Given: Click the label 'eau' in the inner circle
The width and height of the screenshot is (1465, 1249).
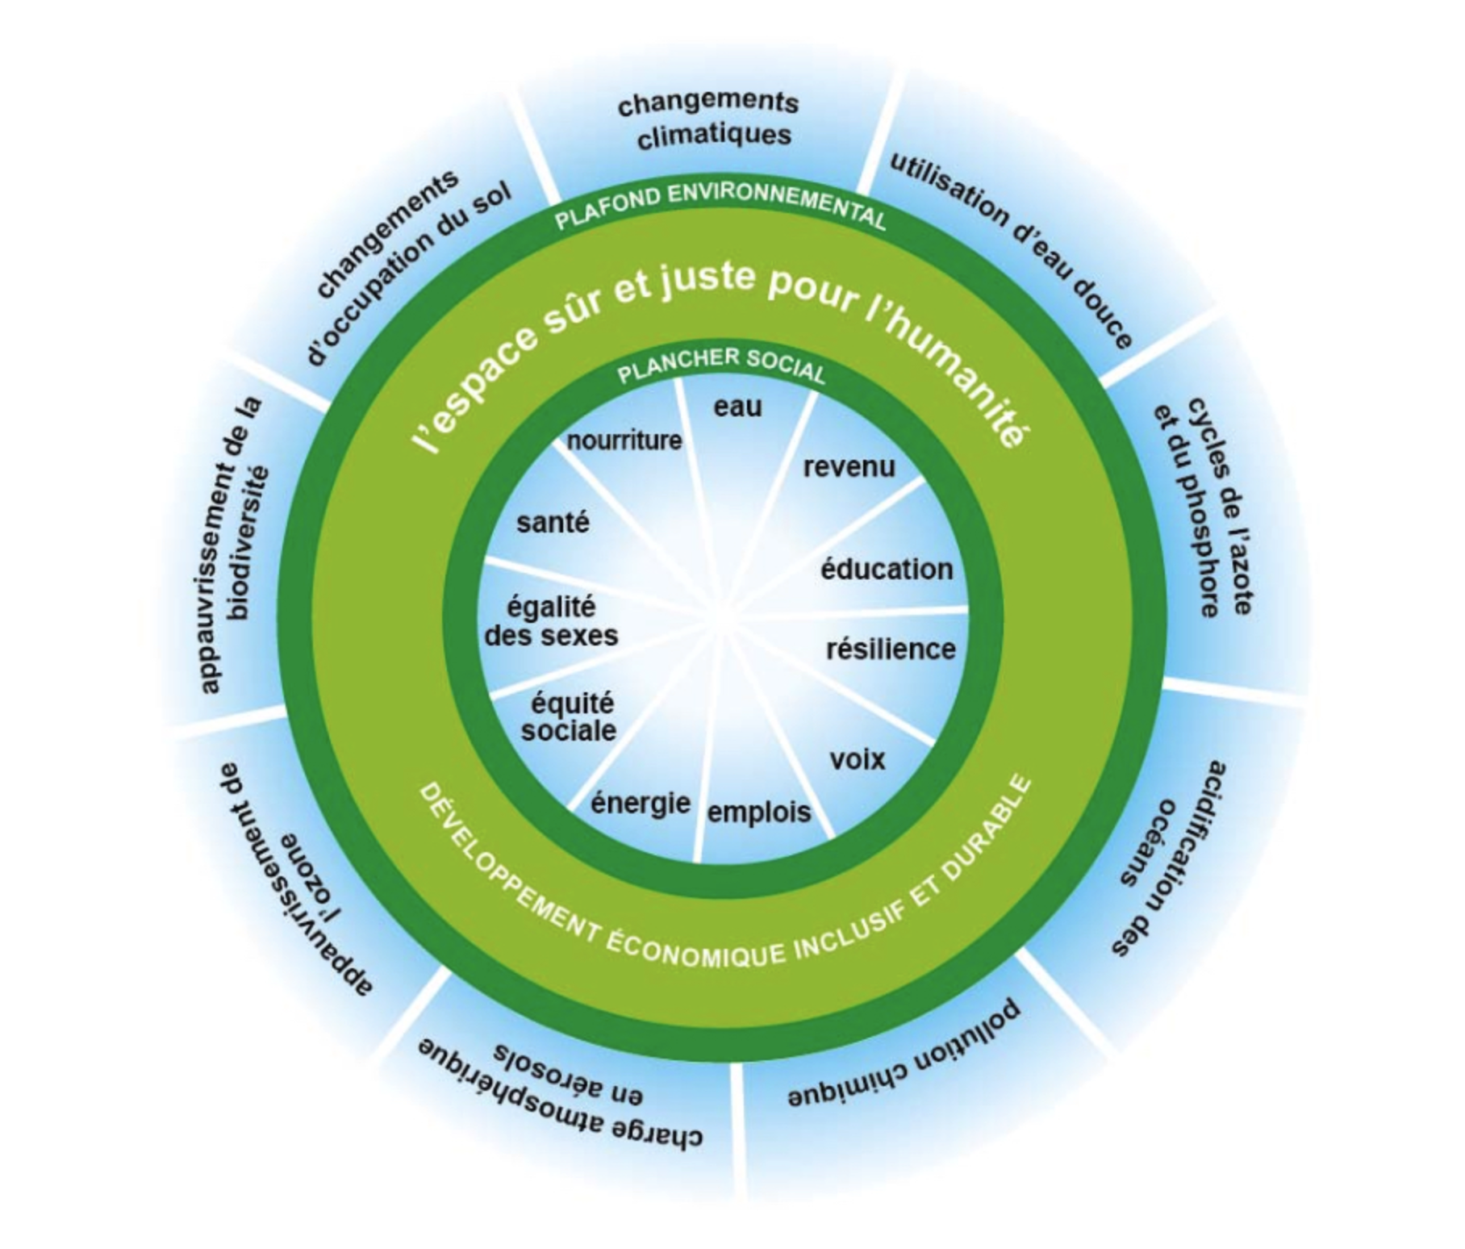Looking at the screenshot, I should point(737,407).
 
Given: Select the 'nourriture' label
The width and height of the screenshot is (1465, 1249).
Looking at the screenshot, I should point(624,441).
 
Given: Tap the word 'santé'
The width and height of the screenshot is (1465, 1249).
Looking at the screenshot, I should point(553,523).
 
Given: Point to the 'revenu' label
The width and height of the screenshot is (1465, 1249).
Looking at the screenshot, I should point(849,466).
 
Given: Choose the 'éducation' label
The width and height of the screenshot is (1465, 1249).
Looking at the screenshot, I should point(887,570).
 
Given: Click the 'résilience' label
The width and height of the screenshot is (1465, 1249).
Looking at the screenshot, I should point(891,649).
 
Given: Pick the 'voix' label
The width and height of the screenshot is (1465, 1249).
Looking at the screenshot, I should point(858,759).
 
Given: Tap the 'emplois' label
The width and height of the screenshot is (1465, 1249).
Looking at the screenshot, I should point(759,812).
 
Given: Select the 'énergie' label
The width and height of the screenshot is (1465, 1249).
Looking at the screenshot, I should point(641,803).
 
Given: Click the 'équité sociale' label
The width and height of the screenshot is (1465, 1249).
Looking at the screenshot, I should point(570,716).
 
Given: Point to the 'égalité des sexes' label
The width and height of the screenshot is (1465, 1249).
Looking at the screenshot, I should point(551,621).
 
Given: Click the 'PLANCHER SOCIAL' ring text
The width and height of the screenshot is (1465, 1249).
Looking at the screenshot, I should point(721,365).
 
